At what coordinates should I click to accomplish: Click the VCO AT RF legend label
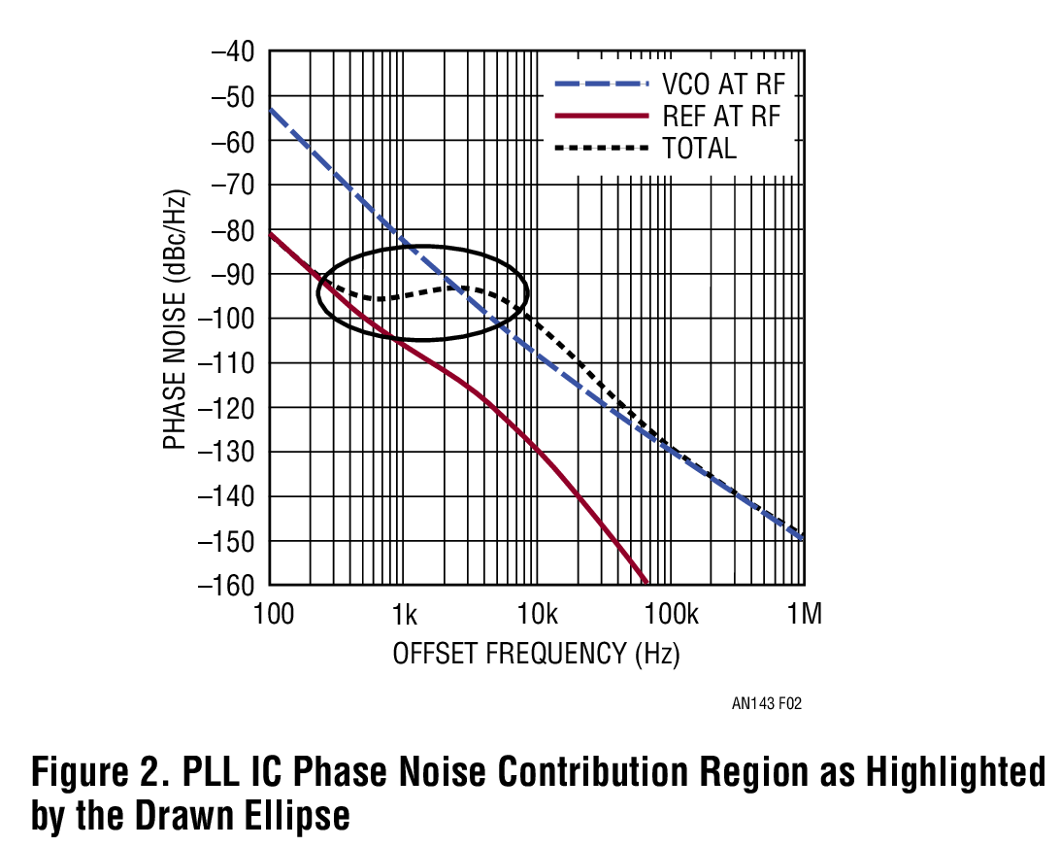click(x=723, y=84)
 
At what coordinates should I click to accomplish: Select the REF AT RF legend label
click(x=722, y=117)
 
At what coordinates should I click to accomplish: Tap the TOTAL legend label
click(x=699, y=149)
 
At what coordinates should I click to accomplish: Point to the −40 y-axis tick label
click(x=233, y=52)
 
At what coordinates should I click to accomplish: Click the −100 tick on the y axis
click(x=227, y=319)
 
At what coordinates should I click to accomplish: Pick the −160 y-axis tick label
click(x=227, y=586)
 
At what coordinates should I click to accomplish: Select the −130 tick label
click(x=227, y=453)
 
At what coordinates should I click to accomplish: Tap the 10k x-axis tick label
click(x=537, y=615)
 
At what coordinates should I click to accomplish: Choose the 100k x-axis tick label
click(x=671, y=615)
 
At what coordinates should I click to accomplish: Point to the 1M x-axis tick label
click(x=803, y=615)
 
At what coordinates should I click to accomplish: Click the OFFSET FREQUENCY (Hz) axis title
click(x=536, y=654)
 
